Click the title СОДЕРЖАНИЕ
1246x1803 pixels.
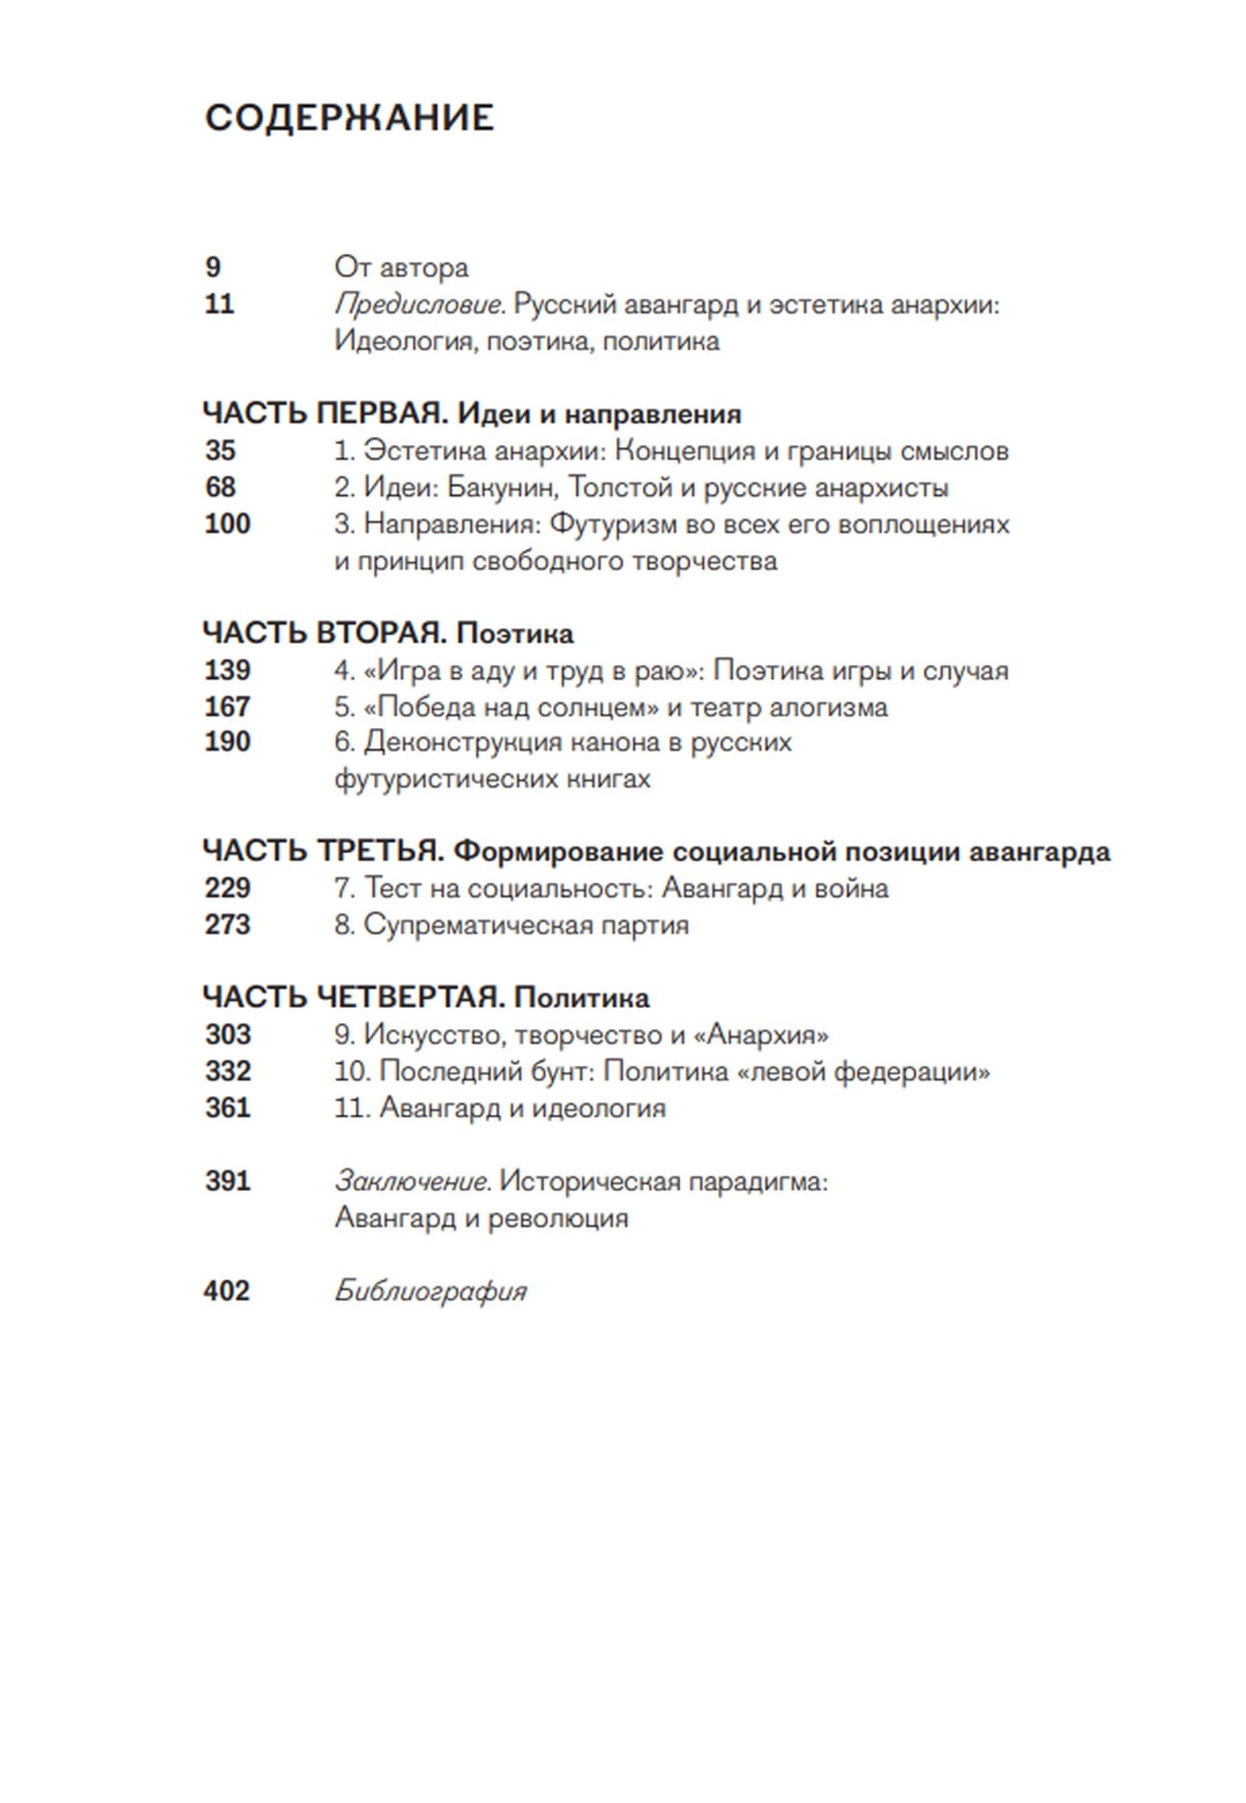click(349, 118)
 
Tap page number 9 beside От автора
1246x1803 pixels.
click(213, 268)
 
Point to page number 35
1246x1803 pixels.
click(221, 452)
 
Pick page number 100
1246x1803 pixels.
click(227, 524)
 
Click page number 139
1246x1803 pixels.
click(227, 670)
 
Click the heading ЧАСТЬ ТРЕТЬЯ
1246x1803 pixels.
click(322, 852)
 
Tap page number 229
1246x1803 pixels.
click(227, 888)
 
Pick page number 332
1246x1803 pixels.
click(228, 1072)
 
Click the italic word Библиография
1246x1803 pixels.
click(430, 1291)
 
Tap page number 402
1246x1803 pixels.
click(227, 1291)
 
